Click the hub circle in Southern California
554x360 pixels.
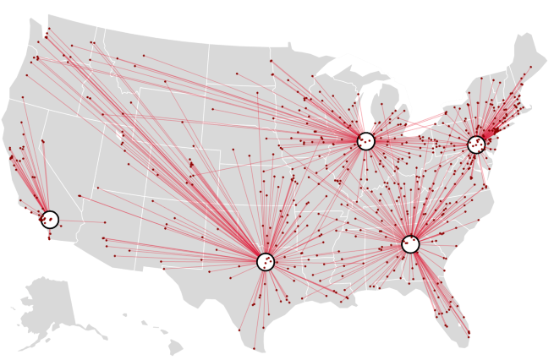click(50, 220)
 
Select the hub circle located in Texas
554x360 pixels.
click(266, 262)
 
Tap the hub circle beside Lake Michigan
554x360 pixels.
click(365, 141)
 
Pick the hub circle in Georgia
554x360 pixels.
click(410, 244)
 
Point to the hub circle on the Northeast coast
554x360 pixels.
click(476, 145)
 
